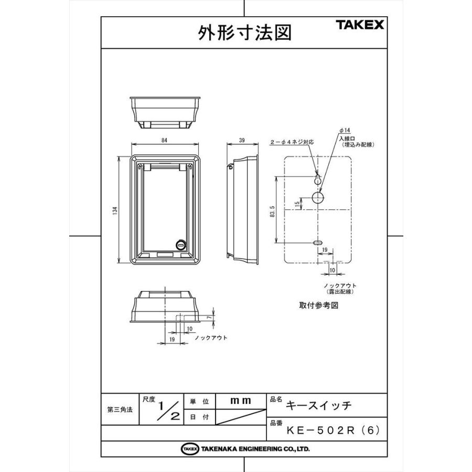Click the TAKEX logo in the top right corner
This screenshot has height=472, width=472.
360,25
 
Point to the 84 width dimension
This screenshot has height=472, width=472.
165,140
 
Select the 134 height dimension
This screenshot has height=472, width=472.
114,210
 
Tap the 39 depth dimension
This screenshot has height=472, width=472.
242,140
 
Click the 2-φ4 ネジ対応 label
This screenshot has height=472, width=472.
292,142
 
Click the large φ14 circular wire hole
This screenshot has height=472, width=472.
318,197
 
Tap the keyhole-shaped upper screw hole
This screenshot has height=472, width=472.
318,179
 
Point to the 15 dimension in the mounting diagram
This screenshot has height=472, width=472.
297,203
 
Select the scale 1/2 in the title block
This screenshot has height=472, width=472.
168,410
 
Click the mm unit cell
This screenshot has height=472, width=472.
241,400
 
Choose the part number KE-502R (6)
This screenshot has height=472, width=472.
332,430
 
